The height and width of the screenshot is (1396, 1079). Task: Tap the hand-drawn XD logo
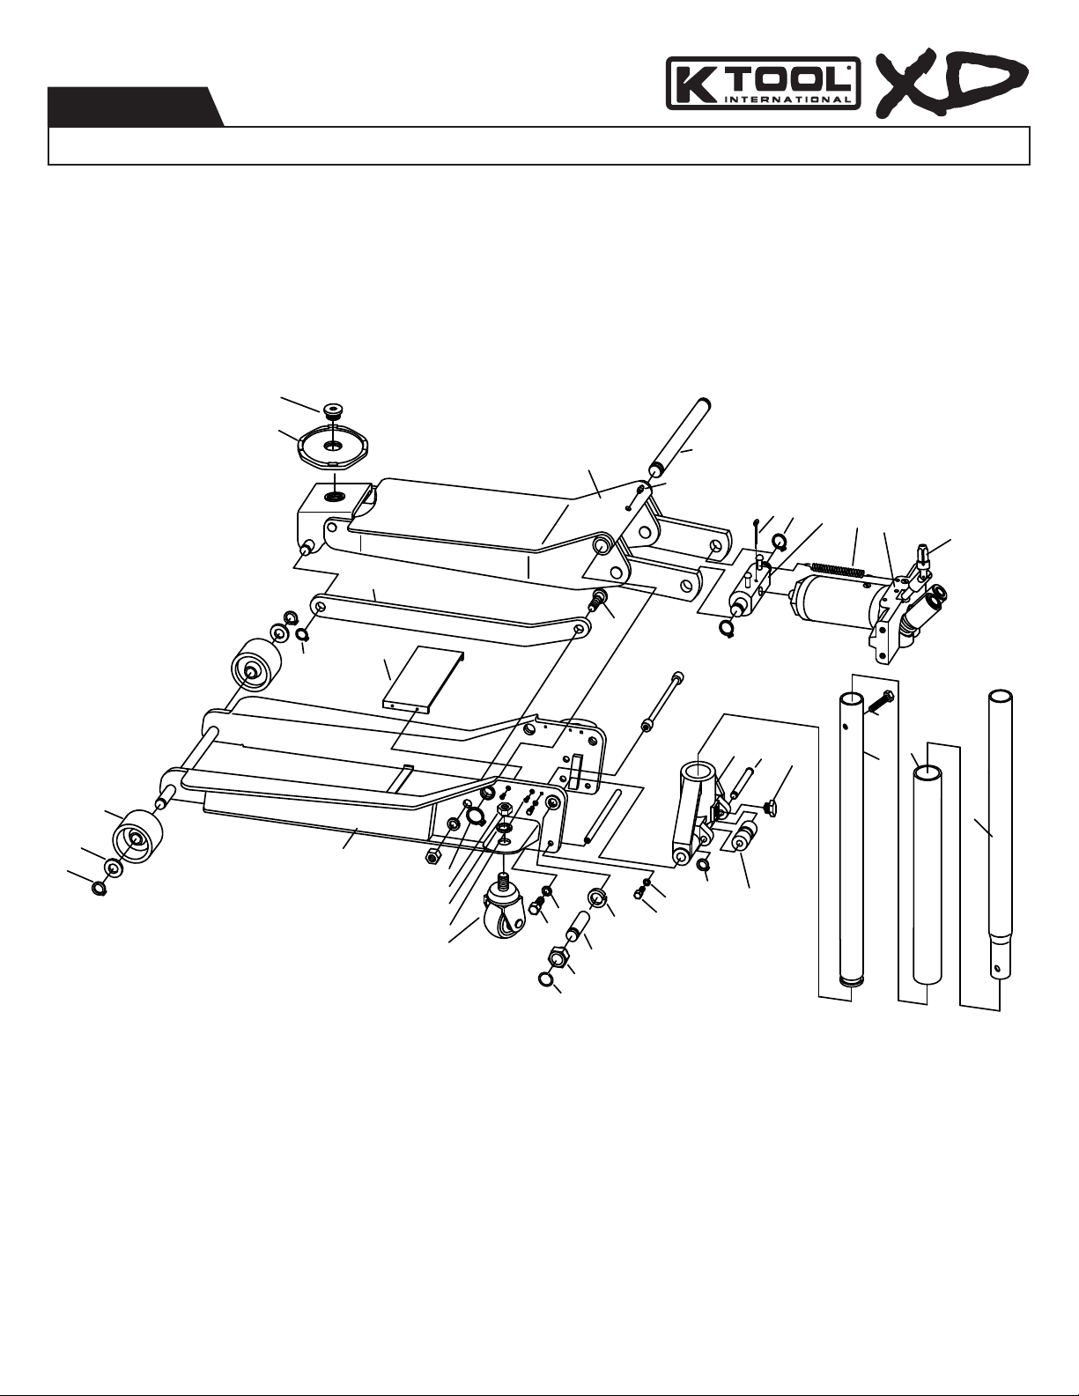(x=952, y=85)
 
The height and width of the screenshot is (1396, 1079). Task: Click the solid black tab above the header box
(x=136, y=107)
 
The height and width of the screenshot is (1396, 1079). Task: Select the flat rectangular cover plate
(x=422, y=678)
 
